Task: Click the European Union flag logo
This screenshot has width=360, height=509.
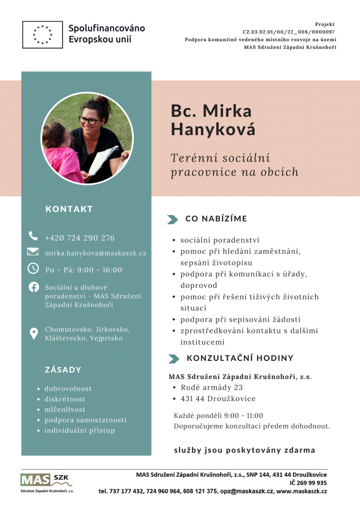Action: pos(42,34)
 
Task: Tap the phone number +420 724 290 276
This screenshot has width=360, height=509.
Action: pos(80,238)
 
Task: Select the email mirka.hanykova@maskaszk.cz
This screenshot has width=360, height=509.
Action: pos(95,254)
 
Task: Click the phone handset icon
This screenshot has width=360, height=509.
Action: pos(33,236)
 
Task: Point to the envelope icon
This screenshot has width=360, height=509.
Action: pos(33,252)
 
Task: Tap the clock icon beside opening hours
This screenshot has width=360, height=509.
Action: pos(33,268)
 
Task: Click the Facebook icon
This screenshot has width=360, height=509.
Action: pos(34,287)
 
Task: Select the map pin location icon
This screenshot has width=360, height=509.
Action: pos(34,334)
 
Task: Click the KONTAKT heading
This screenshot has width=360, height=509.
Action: pos(69,209)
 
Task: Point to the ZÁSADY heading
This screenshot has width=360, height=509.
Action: pos(63,370)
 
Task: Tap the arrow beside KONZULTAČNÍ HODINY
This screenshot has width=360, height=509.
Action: pos(174,359)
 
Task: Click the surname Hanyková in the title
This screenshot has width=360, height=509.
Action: pos(213,129)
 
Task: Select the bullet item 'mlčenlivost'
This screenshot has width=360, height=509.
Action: pos(65,410)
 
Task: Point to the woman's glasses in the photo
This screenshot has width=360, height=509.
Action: pos(89,120)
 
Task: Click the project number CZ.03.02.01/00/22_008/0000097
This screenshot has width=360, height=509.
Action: pos(288,31)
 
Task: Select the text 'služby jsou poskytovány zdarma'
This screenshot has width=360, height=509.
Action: pos(245,450)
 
